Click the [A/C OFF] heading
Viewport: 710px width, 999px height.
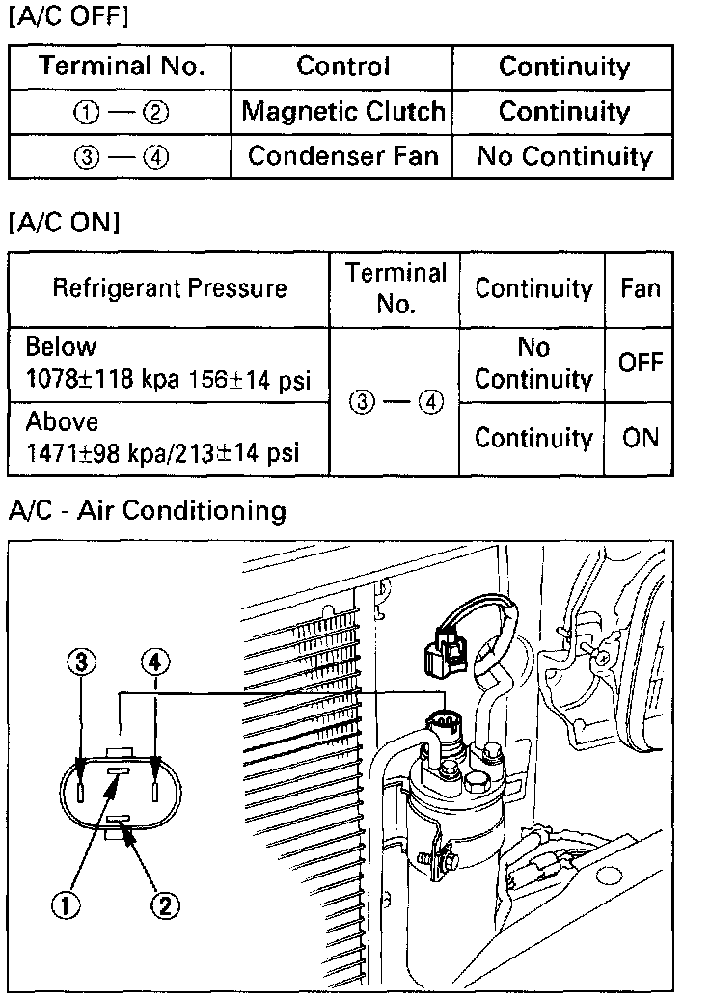click(68, 17)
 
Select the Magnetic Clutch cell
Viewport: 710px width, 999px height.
click(342, 111)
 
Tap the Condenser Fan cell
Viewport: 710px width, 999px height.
click(342, 156)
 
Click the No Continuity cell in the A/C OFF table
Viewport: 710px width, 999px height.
click(564, 156)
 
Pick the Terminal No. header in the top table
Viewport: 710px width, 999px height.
click(121, 67)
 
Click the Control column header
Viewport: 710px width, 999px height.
click(342, 67)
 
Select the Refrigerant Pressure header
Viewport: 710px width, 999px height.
click(169, 288)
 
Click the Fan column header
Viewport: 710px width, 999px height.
click(641, 288)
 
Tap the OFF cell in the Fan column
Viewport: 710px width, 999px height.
click(641, 363)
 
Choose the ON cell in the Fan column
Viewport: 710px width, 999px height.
click(641, 438)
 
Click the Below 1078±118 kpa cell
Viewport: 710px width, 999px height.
click(169, 363)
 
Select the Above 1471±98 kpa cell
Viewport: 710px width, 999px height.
click(169, 438)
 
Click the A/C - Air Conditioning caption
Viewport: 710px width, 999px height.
click(147, 510)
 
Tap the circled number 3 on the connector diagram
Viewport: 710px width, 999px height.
click(82, 662)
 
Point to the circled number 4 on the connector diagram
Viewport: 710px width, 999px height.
click(154, 662)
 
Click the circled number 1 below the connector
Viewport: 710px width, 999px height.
click(66, 904)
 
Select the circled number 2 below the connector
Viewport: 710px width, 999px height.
click(165, 904)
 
